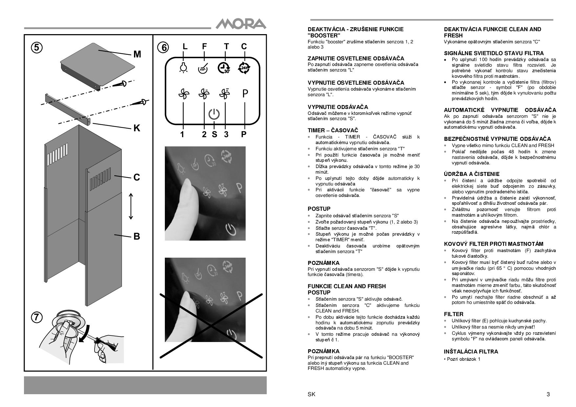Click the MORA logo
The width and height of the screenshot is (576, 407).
click(241, 24)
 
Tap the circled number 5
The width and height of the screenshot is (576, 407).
click(37, 48)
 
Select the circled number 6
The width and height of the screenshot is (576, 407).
click(163, 48)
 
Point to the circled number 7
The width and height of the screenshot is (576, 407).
click(37, 317)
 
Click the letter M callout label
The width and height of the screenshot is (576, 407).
click(137, 54)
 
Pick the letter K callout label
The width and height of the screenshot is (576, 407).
click(137, 128)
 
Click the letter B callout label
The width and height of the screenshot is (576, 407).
click(137, 236)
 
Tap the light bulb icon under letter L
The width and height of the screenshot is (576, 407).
click(183, 67)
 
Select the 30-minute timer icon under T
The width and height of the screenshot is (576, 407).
click(224, 67)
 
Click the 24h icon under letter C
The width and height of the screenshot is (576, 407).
click(244, 67)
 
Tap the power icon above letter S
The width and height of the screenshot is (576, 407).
click(214, 114)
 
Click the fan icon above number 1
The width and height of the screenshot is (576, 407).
click(184, 94)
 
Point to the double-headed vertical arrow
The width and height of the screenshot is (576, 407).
click(131, 206)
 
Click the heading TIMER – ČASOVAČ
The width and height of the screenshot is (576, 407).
click(333, 130)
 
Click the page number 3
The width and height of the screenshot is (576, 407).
click(548, 395)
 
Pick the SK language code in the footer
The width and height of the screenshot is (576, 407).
click(312, 395)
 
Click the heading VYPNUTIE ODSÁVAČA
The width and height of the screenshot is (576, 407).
click(338, 107)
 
